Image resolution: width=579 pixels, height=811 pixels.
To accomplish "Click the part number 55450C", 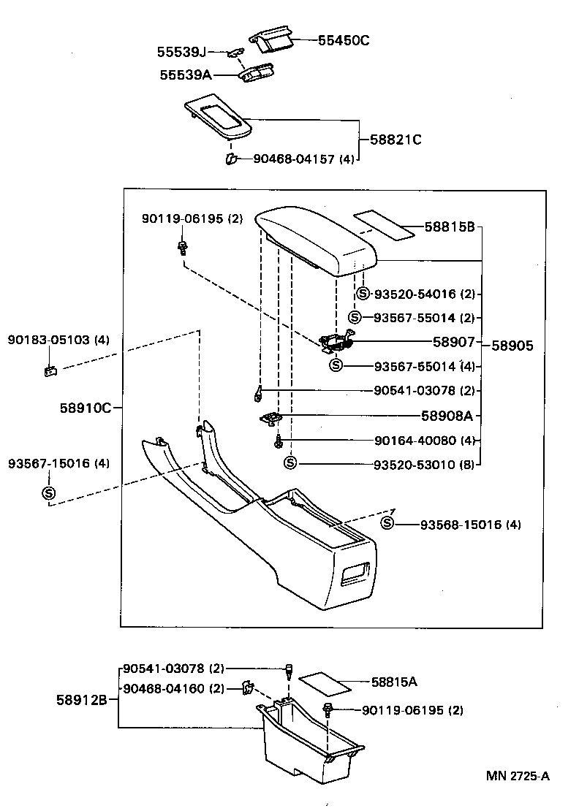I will coord(344,41).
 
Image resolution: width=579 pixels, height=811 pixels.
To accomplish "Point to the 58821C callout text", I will coord(396,140).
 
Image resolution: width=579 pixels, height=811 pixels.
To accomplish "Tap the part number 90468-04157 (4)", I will coord(303,159).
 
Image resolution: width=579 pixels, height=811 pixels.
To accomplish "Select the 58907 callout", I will coord(453,341).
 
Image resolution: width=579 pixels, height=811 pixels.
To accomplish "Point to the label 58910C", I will coord(86,408).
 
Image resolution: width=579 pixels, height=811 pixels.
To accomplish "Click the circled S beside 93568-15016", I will coord(387,523).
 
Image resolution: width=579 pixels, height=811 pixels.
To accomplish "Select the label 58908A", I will coord(446,416).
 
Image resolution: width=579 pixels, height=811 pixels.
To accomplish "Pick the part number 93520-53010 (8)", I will coord(424,464).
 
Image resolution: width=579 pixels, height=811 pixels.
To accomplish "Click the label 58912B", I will coord(82,700).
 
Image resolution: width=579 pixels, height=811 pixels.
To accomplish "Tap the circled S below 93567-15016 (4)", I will coord(49,493).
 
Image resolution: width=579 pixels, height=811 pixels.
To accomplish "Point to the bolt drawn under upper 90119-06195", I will coord(182,247).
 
